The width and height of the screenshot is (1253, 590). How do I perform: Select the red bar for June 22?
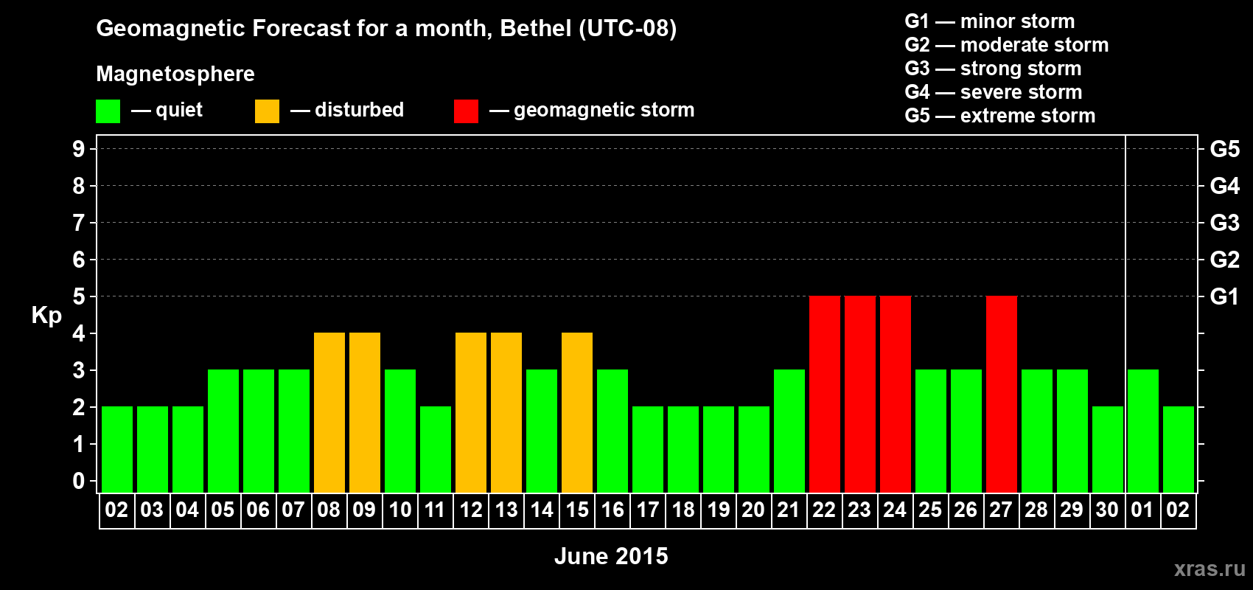coord(824,394)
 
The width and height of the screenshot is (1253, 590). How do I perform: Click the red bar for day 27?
coord(1001,394)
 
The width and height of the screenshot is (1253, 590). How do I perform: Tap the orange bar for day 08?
coord(329,412)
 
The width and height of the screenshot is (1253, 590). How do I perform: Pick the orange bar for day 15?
coord(576,412)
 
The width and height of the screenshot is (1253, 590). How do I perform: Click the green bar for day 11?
coord(435,449)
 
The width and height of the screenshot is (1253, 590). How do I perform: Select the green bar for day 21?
coord(789,431)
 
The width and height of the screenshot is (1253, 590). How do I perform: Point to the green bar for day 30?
coord(1107,449)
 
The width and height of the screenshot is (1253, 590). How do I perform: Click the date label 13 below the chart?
coord(506,510)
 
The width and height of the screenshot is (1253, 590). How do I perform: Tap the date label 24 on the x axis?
coord(895,510)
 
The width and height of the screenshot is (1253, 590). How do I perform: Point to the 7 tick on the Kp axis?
coord(79,223)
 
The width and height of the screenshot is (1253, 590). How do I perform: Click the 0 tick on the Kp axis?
coord(79,481)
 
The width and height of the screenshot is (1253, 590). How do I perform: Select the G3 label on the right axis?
coord(1224,223)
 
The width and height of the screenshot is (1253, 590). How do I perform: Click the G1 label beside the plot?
coord(1224,296)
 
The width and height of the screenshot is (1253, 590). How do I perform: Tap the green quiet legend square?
coord(108,111)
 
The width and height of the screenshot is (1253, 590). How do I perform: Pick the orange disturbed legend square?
coord(267,111)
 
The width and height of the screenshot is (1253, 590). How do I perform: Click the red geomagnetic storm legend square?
coord(466,111)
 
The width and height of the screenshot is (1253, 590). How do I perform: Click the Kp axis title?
coord(46,315)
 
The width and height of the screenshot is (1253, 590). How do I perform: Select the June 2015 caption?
coord(611,556)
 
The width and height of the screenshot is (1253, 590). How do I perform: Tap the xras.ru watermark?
coord(1209,568)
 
